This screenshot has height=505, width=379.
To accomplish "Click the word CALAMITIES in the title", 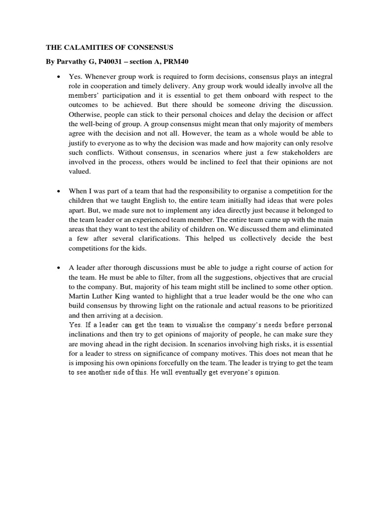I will [x=88, y=48].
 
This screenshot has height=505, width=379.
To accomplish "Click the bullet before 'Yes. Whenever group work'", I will [x=59, y=77].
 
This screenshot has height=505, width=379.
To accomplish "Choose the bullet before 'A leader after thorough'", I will [x=59, y=267].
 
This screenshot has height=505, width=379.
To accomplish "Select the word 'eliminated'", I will [x=314, y=229].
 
